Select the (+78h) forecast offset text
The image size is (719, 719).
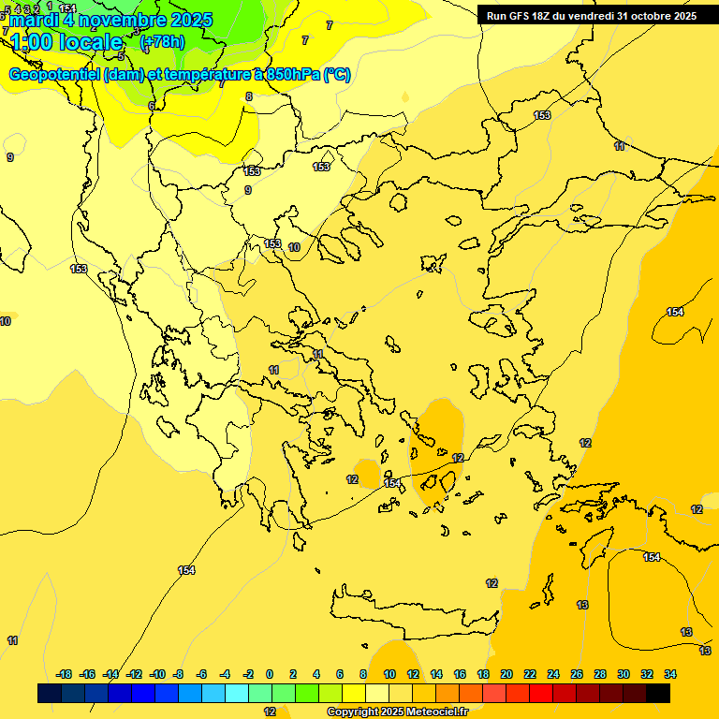tap(162, 42)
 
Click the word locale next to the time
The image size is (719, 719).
tap(93, 42)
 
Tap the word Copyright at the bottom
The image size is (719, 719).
tap(354, 712)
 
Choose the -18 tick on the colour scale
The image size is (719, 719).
tap(65, 674)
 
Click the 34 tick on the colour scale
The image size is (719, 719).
tap(670, 674)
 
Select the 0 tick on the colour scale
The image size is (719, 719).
tap(270, 674)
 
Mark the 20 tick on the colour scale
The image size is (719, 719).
tap(506, 674)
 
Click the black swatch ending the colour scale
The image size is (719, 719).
tap(658, 693)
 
